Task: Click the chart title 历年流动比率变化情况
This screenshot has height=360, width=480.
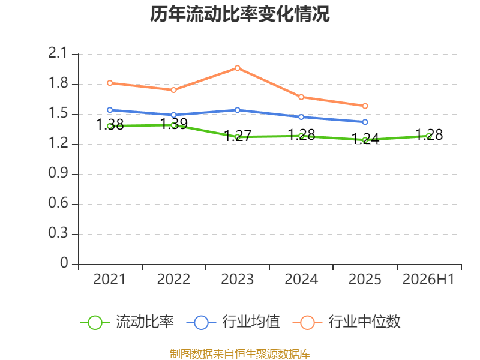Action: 239,14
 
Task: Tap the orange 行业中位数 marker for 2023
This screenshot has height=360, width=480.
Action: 237,68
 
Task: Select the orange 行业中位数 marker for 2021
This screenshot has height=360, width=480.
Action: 110,83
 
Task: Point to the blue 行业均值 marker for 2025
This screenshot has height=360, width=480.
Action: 365,122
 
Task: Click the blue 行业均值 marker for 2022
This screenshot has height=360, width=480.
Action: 173,115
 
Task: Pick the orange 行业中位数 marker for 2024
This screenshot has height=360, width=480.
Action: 301,97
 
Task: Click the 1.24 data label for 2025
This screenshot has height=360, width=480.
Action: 365,139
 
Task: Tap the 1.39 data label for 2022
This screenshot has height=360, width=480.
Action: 174,124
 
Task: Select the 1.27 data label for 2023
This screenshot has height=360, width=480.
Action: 238,136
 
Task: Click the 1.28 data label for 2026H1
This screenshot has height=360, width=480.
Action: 429,134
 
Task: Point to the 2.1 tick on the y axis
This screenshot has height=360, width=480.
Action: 58,53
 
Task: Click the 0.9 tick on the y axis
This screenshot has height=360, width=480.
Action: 58,173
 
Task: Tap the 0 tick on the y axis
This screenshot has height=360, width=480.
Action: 64,263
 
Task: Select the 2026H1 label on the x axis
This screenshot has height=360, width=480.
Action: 428,280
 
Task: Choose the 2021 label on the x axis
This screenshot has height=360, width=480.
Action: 109,280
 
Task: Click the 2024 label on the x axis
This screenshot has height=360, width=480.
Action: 301,280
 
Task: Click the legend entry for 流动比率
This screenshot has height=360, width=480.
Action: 127,322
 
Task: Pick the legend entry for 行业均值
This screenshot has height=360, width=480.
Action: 233,322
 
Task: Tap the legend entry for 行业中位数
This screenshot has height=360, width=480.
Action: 347,322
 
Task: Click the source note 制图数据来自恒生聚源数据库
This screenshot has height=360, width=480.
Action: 239,354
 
